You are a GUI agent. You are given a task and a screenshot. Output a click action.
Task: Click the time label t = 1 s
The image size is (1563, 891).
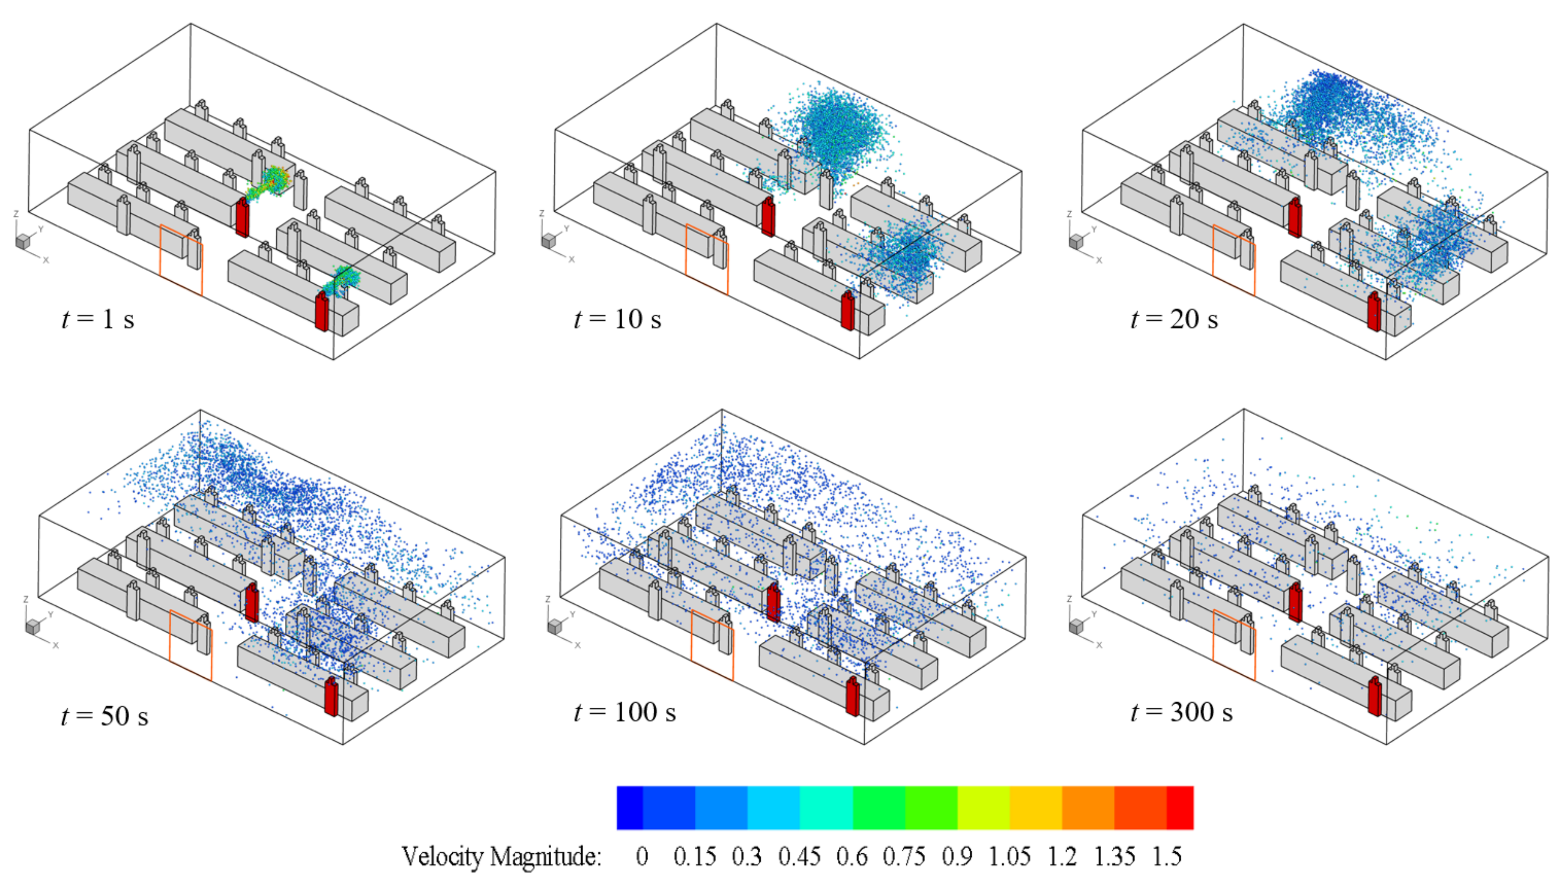click(x=98, y=319)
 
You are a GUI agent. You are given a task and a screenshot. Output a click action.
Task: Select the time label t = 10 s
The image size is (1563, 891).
click(x=617, y=319)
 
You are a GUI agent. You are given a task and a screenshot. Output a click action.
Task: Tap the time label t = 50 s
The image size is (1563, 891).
click(x=105, y=716)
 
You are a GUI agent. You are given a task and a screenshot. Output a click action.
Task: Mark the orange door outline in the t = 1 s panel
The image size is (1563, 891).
click(x=181, y=260)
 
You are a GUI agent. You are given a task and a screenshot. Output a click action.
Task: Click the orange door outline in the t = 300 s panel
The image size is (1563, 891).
click(x=1234, y=645)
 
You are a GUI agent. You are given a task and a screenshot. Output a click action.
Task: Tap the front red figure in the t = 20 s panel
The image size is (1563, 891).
click(x=1374, y=312)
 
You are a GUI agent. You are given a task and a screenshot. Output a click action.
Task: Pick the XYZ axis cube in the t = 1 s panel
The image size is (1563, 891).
click(x=23, y=241)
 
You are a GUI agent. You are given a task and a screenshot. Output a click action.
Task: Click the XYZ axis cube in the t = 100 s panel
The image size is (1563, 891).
click(x=555, y=627)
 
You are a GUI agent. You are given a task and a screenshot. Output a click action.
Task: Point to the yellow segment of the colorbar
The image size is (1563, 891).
click(x=983, y=808)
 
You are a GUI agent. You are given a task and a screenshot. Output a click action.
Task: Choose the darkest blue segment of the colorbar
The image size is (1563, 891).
click(x=629, y=808)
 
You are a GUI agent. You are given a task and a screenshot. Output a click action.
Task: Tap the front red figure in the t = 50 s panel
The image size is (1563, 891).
click(x=330, y=696)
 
